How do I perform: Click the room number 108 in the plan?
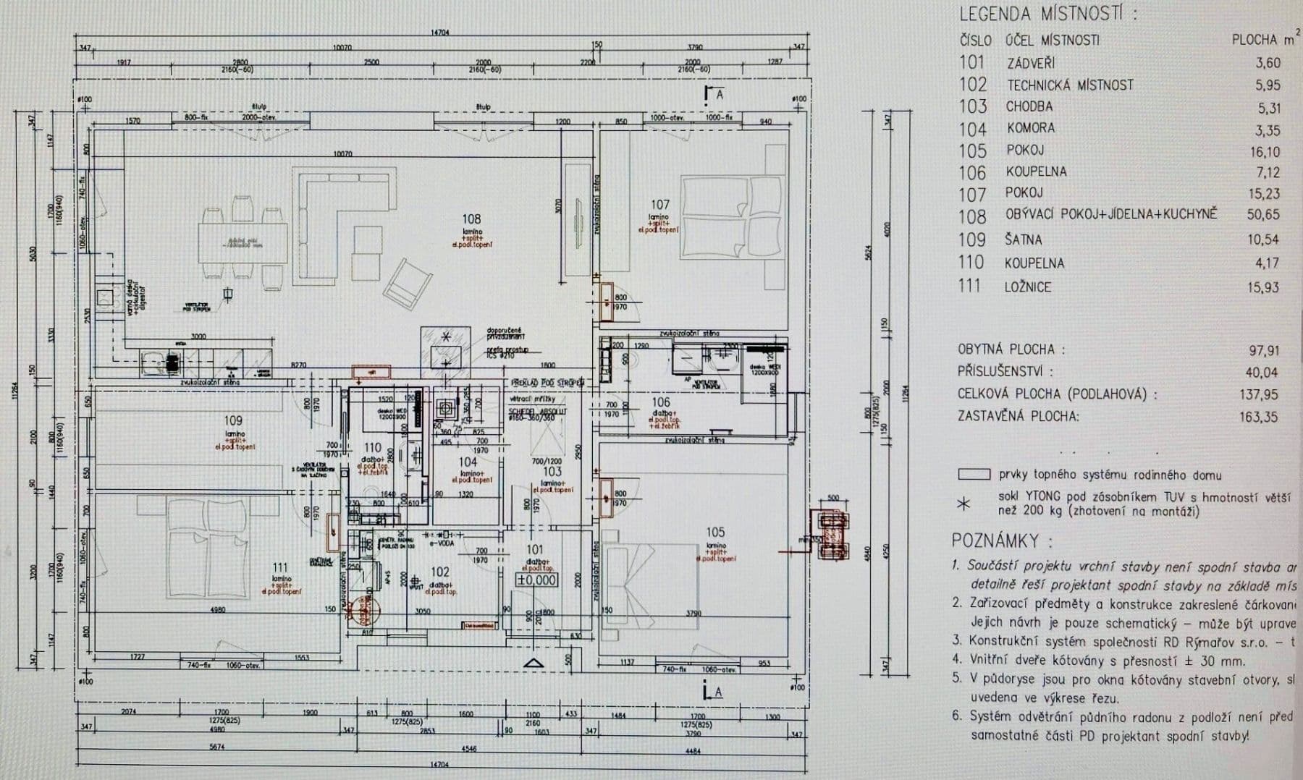coord(471,219)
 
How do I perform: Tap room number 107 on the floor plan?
coord(659,205)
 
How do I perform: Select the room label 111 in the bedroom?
coord(280,567)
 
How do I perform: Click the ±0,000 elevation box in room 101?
coord(536,580)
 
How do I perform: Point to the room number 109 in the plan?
coord(233,420)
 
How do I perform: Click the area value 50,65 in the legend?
coord(1262,214)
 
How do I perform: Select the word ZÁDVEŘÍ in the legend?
coord(1031,63)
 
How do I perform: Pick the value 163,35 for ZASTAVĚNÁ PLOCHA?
coord(1259,417)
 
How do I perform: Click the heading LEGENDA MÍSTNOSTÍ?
coord(1047,14)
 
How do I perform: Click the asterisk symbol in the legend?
coord(963,503)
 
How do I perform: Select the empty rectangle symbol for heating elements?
coord(973,475)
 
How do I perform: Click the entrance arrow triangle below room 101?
coord(534,662)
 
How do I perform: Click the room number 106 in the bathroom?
coord(660,402)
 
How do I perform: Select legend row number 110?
coord(971,263)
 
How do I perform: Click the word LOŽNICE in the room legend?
coord(1027,287)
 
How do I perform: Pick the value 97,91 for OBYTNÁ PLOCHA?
coord(1263,350)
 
